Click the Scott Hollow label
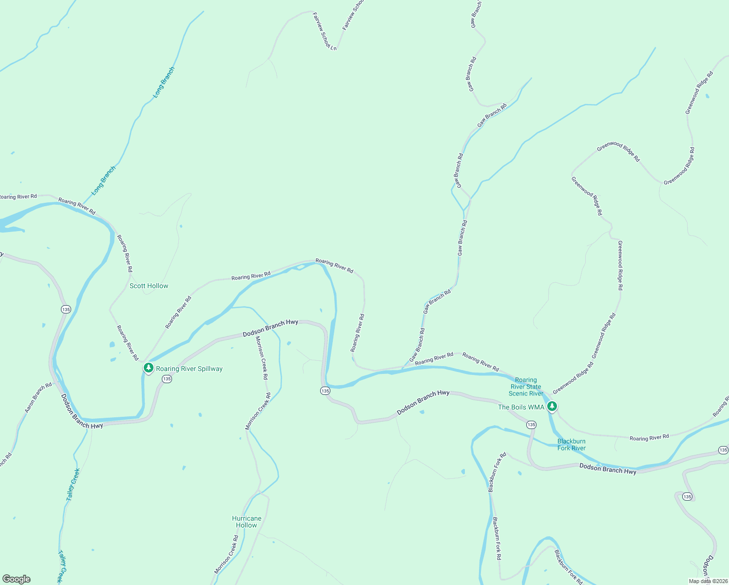[149, 286]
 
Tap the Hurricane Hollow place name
[247, 522]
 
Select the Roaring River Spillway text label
[189, 369]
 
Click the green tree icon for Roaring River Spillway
[149, 368]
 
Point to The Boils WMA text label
[521, 407]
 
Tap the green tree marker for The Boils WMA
[552, 406]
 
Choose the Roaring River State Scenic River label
[526, 387]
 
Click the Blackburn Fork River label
[572, 445]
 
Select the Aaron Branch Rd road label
[38, 398]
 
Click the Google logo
[17, 579]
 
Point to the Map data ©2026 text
[708, 581]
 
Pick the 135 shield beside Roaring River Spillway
[167, 379]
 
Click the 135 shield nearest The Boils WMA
[531, 425]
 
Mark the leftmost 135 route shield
[66, 309]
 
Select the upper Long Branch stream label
[164, 82]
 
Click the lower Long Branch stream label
[104, 181]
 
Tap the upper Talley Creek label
[73, 485]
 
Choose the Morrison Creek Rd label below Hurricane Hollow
[227, 555]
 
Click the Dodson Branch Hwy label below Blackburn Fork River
[608, 469]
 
